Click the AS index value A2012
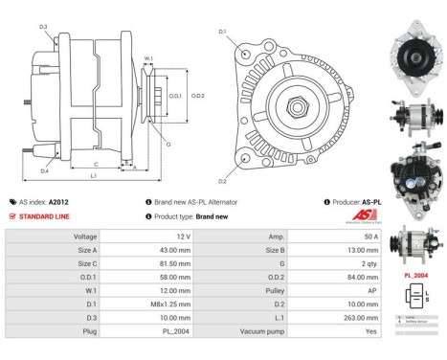click(58, 202)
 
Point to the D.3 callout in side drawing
click(44, 26)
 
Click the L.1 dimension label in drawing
click(93, 176)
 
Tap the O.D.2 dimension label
click(198, 96)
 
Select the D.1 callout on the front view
click(222, 33)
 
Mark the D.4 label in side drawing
click(45, 170)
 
